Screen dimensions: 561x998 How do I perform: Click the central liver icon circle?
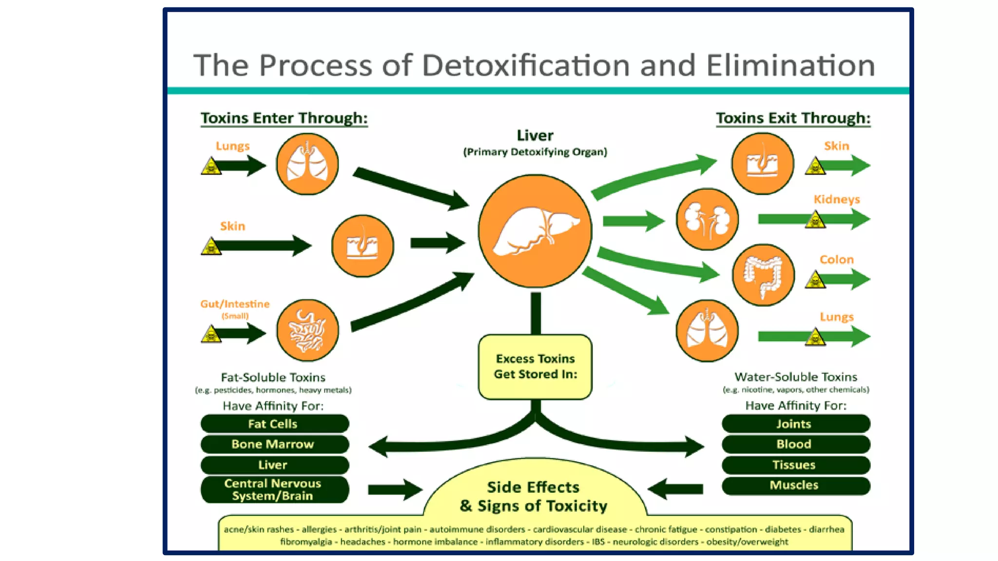click(x=535, y=231)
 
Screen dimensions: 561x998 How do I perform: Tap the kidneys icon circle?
click(x=707, y=219)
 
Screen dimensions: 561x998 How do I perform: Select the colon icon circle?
click(x=763, y=275)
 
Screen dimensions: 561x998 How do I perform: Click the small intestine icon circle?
click(x=307, y=330)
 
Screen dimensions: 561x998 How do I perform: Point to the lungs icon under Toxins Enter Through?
click(x=307, y=164)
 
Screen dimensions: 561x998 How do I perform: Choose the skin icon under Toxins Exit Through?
click(x=762, y=164)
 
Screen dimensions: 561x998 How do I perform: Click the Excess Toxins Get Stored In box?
click(x=535, y=367)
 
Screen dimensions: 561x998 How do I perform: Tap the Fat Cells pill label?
click(x=274, y=424)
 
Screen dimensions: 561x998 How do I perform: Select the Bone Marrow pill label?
click(x=274, y=444)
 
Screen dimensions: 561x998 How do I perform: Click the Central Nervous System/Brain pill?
click(x=274, y=489)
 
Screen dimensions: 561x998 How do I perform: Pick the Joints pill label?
click(x=795, y=424)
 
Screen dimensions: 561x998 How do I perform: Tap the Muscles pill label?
click(x=795, y=485)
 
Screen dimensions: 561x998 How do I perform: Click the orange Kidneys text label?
click(x=836, y=199)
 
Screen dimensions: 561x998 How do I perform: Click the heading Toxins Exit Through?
click(x=793, y=118)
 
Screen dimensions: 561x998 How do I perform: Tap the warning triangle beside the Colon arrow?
click(x=815, y=280)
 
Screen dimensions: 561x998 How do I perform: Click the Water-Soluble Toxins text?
click(x=795, y=377)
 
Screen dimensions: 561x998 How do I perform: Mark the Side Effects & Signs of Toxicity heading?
click(x=534, y=496)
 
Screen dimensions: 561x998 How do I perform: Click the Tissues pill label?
click(x=795, y=465)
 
